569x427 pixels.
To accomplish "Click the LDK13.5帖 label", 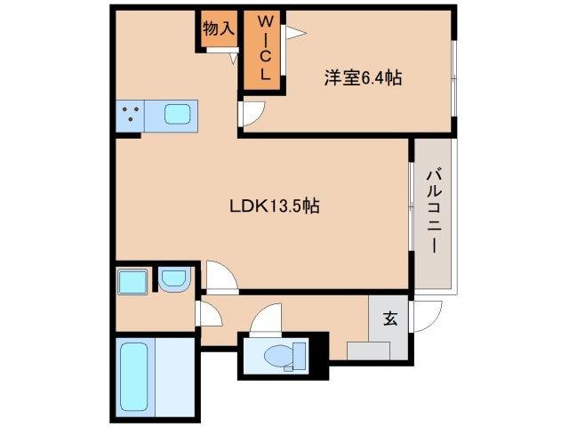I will [275, 206].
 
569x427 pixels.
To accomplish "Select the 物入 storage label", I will [218, 28].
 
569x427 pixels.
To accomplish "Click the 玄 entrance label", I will [390, 317].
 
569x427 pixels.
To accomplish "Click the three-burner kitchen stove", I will [132, 115].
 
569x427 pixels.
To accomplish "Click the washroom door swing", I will [209, 314].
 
